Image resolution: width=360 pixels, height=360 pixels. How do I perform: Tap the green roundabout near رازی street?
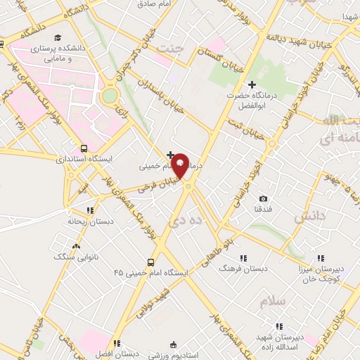[x=110, y=96]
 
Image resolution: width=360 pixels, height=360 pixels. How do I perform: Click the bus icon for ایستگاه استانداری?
[x=84, y=148]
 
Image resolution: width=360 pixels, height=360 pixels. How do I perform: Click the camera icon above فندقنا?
[x=263, y=198]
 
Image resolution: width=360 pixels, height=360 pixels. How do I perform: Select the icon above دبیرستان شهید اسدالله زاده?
[x=279, y=326]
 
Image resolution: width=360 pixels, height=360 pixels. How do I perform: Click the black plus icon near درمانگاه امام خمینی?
[x=170, y=154]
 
